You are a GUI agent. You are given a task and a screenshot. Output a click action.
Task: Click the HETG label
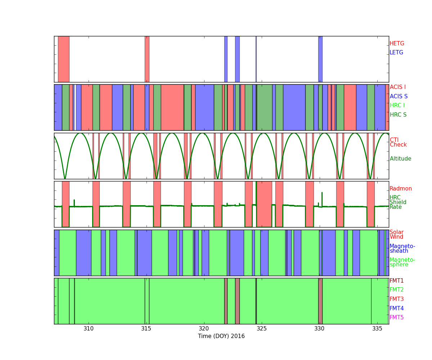(397, 44)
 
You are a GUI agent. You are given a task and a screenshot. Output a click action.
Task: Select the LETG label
(396, 52)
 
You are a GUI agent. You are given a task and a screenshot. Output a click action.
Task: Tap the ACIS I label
(398, 87)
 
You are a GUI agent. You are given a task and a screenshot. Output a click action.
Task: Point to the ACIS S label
(399, 96)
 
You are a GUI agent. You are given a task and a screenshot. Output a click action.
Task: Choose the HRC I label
(397, 105)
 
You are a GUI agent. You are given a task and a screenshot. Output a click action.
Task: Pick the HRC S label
(398, 114)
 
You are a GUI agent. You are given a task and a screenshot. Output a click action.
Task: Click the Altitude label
(400, 159)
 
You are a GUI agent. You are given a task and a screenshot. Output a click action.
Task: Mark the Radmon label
(401, 189)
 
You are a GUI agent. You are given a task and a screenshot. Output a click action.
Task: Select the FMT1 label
(396, 280)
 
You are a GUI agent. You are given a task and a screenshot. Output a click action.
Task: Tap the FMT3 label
(396, 299)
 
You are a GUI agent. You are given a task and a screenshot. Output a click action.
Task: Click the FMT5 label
(396, 318)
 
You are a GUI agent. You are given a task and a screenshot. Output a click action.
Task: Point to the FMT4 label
(396, 308)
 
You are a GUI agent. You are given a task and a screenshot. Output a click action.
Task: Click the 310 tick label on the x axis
(89, 329)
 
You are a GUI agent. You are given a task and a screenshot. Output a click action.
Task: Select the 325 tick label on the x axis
(262, 329)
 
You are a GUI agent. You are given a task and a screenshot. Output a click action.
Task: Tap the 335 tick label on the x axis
(377, 329)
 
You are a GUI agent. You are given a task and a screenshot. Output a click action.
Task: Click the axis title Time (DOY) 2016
(221, 336)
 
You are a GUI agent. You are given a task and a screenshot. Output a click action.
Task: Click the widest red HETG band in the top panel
(64, 59)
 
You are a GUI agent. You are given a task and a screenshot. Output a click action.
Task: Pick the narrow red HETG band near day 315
(147, 59)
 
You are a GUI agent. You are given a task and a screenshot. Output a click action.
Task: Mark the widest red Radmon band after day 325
(264, 204)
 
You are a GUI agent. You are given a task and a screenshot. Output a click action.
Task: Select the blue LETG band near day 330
(320, 59)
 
